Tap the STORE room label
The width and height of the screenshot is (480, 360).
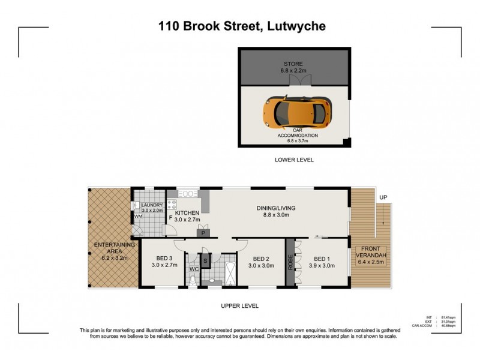[294, 63]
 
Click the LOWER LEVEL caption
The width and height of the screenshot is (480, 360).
[294, 160]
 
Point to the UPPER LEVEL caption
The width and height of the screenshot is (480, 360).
[239, 306]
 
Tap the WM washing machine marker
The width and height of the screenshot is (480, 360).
[138, 216]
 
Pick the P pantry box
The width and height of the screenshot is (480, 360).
[203, 233]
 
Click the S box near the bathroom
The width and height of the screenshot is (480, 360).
[205, 260]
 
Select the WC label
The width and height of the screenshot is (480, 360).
[194, 269]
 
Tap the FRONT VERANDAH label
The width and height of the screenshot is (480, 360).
[373, 253]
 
